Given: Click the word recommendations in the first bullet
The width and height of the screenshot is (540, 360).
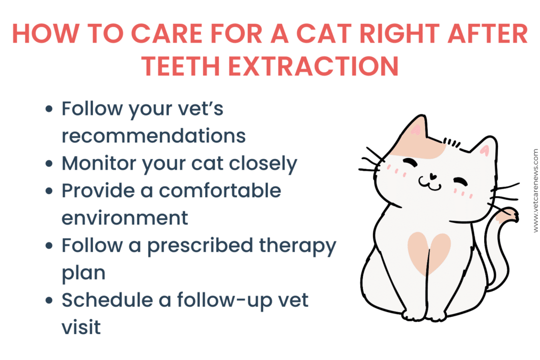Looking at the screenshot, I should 153,135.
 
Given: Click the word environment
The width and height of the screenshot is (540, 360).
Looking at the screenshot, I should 124,217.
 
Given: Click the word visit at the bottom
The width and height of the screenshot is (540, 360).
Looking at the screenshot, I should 81,327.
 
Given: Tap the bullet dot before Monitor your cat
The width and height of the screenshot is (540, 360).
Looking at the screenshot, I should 50,164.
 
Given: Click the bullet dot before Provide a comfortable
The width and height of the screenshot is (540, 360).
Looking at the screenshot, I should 50,191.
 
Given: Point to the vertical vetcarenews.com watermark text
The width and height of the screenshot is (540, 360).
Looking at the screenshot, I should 535,190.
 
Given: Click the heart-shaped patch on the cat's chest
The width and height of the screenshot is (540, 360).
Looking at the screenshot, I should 428,252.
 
